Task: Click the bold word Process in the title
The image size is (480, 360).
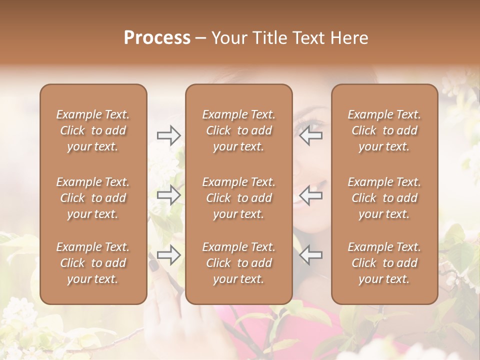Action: [x=157, y=38]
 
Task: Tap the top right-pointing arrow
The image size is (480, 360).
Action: [x=168, y=135]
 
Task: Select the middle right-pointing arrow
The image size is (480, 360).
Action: [x=168, y=195]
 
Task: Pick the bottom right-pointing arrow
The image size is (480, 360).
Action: [x=168, y=255]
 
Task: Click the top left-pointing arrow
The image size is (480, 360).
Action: [x=310, y=135]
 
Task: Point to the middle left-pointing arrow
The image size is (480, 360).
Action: [x=310, y=195]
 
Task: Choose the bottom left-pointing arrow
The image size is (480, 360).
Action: [x=310, y=255]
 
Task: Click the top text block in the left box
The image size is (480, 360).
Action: [x=93, y=130]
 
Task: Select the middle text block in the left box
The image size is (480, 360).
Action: [x=93, y=198]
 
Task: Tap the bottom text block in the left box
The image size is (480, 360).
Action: [x=93, y=263]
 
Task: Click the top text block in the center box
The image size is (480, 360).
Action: [x=238, y=130]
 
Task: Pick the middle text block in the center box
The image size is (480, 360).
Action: [x=238, y=198]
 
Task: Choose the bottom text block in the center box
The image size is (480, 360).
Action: [x=238, y=263]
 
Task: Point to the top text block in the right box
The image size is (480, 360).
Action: [x=384, y=130]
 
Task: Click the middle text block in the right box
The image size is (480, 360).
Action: [x=384, y=198]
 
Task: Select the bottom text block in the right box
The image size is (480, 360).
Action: [x=384, y=263]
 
